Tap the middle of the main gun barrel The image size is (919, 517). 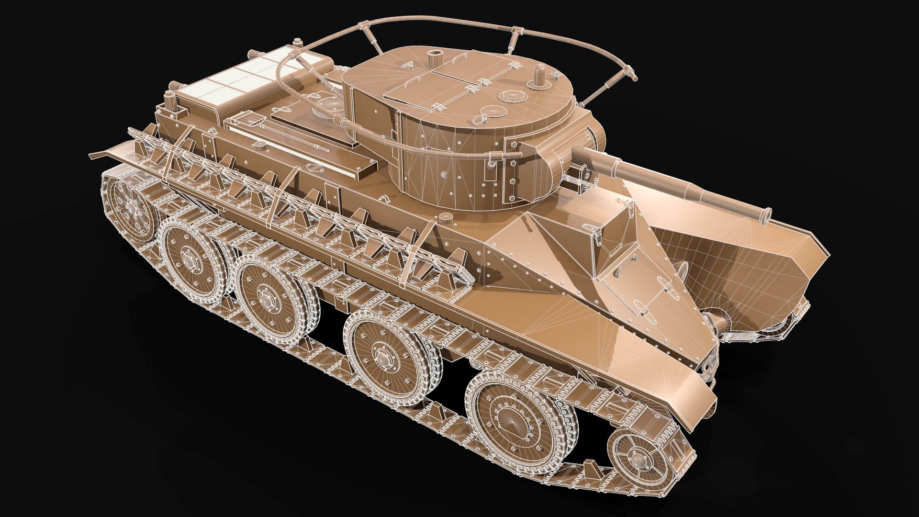point(670,180)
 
